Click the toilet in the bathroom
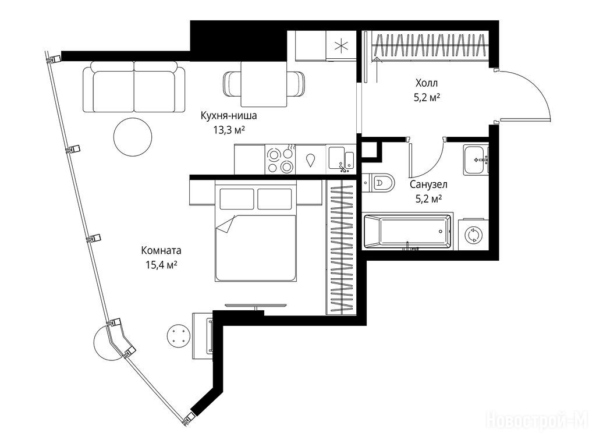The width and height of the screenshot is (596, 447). pos(378,183)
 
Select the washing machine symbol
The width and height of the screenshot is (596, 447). pos(473,235)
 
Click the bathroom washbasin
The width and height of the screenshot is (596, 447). pos(476,159)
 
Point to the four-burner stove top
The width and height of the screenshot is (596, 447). pos(280,160)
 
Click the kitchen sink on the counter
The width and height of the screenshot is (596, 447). pos(341,159)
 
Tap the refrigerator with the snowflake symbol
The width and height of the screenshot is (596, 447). pos(341,46)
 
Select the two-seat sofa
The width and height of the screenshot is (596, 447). pos(134,87)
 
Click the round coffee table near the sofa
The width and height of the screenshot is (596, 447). pos(133,136)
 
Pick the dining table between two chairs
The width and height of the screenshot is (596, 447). pos(264,84)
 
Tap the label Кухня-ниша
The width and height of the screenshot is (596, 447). pos(229,116)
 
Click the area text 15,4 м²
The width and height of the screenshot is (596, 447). pos(162,265)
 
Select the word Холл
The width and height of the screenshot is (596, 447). pos(427,83)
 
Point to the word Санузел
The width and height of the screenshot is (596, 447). pos(428,185)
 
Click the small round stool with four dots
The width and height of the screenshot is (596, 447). pos(178,336)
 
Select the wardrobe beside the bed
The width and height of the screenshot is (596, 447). pos(341,247)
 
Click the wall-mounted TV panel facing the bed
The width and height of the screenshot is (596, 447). pos(255,305)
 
